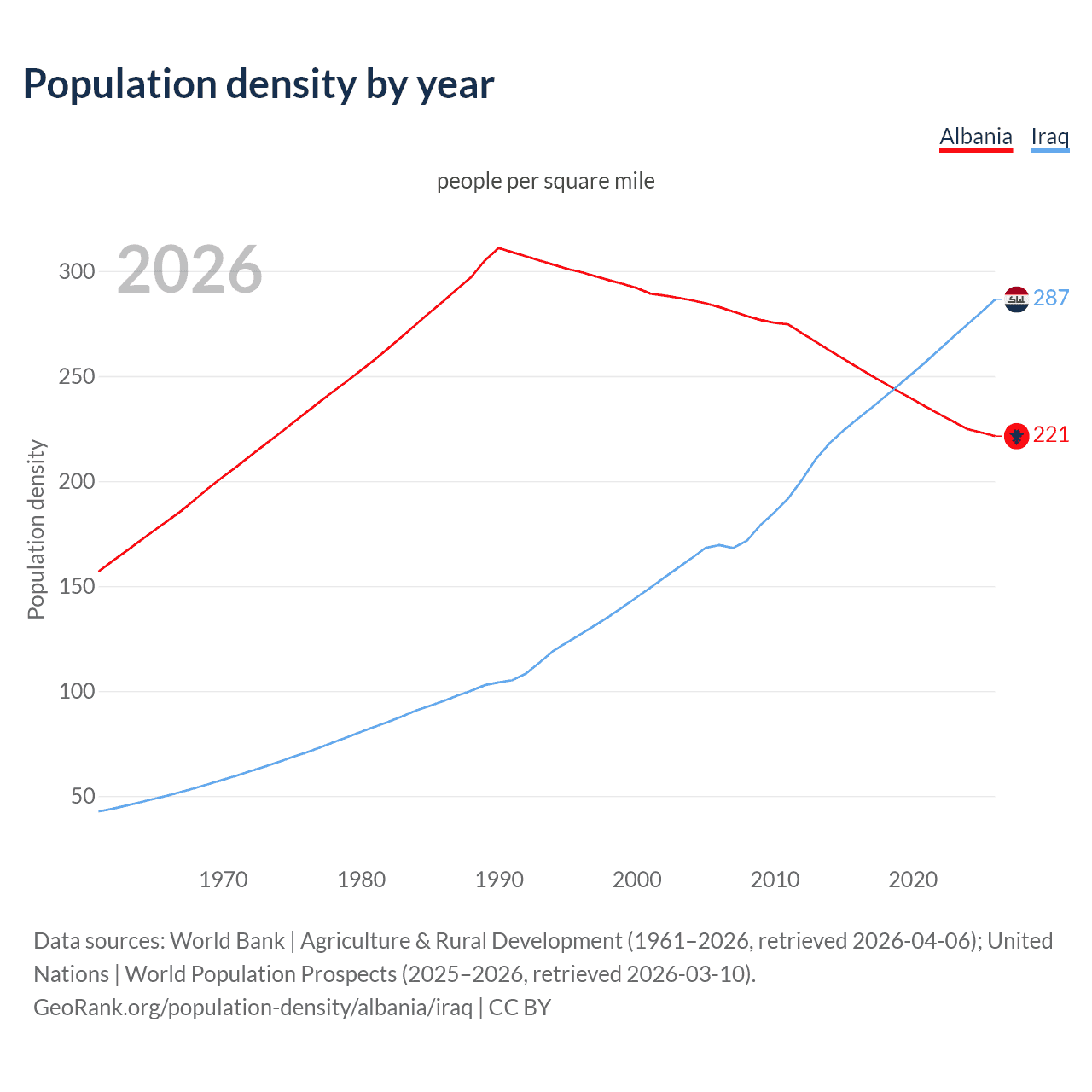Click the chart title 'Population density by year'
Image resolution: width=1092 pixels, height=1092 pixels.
click(258, 84)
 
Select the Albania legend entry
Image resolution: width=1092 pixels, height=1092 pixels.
click(975, 136)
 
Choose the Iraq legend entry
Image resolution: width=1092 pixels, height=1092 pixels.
click(1049, 136)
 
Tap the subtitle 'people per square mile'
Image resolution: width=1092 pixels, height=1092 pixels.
click(545, 181)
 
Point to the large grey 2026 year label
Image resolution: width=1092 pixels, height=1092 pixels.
click(189, 270)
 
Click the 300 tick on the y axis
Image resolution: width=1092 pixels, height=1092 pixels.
click(76, 272)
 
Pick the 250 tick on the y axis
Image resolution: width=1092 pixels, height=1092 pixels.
click(76, 376)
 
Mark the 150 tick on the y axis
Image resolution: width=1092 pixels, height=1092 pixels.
click(76, 587)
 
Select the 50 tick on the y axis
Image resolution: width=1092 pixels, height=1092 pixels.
click(83, 797)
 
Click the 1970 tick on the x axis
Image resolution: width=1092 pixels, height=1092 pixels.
click(224, 880)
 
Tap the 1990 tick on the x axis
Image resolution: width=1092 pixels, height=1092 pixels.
click(499, 880)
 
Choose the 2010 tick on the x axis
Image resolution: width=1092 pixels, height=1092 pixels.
click(775, 880)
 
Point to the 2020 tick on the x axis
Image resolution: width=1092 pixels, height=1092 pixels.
click(913, 880)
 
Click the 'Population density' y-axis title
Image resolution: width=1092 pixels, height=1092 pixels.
click(36, 529)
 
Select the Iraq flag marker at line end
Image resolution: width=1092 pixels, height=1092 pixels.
click(1016, 299)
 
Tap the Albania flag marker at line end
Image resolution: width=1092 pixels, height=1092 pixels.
click(1016, 436)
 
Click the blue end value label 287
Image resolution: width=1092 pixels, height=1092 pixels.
click(1051, 298)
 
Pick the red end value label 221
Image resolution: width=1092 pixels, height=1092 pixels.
click(1051, 435)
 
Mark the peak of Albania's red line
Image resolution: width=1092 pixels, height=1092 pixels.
click(499, 248)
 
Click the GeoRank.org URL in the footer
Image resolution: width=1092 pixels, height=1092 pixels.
click(253, 1008)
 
